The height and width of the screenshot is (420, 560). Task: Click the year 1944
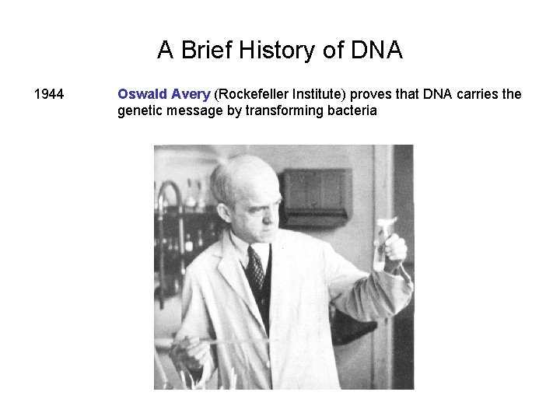point(49,95)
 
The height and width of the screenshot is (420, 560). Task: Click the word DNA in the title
point(376,51)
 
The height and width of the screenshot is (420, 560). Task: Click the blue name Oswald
point(141,95)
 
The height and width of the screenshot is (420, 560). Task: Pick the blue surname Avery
point(191,95)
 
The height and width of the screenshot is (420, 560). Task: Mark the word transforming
point(285,110)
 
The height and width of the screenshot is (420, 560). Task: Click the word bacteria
point(352,110)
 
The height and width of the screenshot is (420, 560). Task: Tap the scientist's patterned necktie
point(255,269)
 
